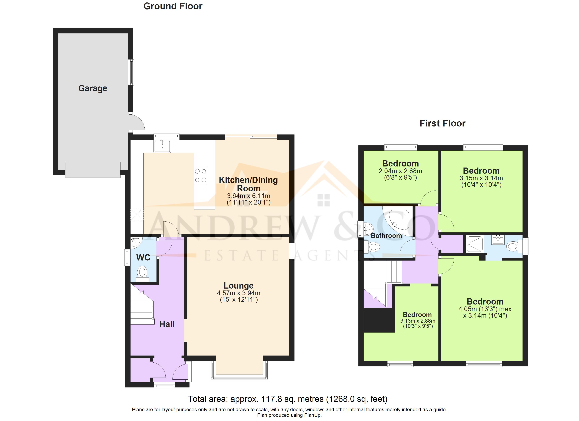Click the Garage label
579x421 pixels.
(92, 88)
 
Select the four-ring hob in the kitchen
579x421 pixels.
(201, 176)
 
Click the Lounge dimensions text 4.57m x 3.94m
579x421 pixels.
(238, 293)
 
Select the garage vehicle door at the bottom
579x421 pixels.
(93, 170)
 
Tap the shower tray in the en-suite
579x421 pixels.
(475, 245)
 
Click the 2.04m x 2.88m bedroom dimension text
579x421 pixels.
(400, 171)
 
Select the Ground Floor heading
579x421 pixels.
(173, 6)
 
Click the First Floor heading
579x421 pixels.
(442, 123)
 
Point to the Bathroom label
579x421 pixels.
(386, 236)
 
